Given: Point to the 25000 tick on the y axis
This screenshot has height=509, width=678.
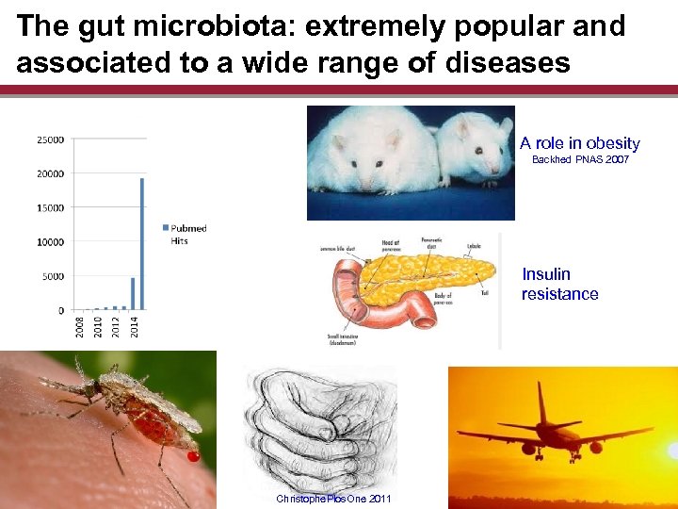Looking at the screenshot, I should click(x=50, y=140).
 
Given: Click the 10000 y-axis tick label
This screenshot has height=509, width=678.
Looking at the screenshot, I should click(x=50, y=242).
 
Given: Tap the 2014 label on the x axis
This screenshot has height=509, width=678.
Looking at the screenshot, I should click(x=135, y=326).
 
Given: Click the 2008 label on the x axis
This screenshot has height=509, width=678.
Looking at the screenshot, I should click(x=81, y=326).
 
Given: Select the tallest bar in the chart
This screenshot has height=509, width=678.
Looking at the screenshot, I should click(x=142, y=243).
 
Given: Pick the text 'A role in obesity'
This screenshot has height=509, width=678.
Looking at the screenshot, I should click(x=579, y=143).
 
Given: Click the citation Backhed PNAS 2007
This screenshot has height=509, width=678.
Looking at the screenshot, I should click(x=580, y=160).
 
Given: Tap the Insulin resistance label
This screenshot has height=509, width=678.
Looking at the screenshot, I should click(x=559, y=284).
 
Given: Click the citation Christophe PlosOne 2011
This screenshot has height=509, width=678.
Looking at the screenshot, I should click(x=333, y=499).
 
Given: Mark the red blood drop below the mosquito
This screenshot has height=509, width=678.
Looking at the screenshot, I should click(x=194, y=457).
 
